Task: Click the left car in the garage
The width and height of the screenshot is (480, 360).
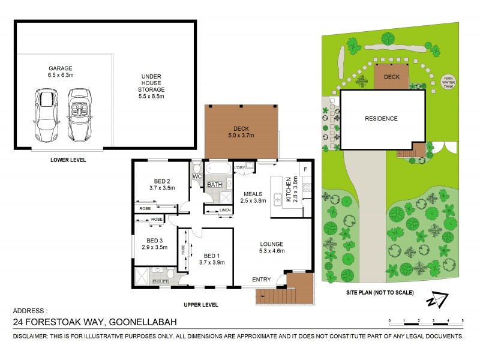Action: coord(46,113)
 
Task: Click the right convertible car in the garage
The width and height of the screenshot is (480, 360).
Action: coord(79,113)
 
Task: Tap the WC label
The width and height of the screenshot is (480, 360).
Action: coord(196,177)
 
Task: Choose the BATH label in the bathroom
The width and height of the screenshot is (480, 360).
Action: coord(215,185)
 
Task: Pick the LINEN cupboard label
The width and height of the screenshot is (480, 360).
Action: coord(226,210)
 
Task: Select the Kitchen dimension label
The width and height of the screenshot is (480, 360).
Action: coord(291,189)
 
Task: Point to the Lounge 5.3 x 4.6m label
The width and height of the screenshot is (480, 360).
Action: coord(272,248)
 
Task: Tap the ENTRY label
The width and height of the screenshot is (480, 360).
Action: coord(261,279)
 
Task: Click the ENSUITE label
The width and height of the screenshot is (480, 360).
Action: coord(160,281)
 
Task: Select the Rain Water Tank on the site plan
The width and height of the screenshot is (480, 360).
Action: coord(448,82)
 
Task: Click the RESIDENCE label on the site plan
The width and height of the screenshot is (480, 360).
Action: coord(381,118)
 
